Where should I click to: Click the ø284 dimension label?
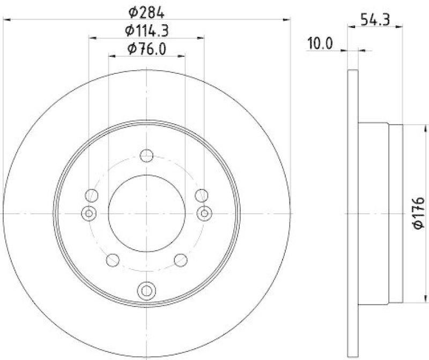tap(146, 11)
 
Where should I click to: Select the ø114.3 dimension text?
tap(146, 31)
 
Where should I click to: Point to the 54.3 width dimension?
tap(374, 21)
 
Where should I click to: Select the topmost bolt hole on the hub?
tap(146, 156)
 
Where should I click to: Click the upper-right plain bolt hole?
tap(201, 195)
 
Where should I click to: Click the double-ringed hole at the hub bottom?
tap(146, 290)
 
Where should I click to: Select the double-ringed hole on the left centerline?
tap(89, 213)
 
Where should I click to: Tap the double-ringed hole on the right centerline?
tap(204, 213)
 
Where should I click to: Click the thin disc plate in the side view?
tap(352, 213)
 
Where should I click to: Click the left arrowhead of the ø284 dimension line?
tap(6, 19)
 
